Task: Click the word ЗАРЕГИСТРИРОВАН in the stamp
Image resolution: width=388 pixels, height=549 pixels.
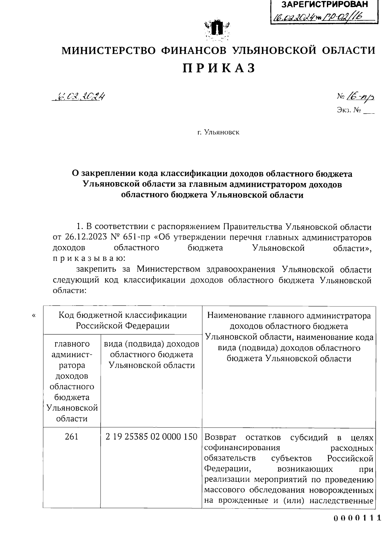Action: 325,5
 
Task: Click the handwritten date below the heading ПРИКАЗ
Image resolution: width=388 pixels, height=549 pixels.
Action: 80,96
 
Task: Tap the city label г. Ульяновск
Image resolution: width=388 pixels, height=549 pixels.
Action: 219,132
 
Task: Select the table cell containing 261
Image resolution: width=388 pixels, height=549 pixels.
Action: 71,437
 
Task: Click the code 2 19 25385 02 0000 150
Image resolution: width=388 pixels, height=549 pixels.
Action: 151,437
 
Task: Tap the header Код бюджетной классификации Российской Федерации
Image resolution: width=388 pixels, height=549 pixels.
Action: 123,320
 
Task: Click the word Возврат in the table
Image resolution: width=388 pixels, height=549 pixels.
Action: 221,438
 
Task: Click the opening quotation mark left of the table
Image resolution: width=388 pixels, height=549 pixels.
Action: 34,316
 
